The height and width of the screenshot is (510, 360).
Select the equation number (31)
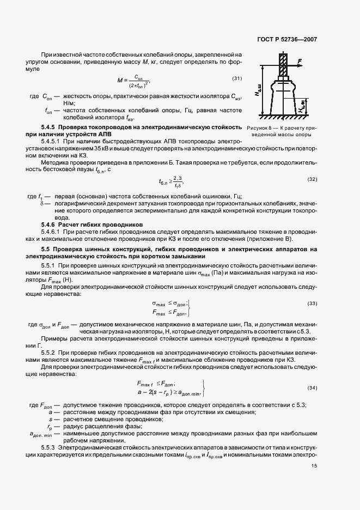coord(236,78)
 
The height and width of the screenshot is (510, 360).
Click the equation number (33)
coord(312,303)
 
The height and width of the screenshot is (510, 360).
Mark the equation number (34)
coord(312,387)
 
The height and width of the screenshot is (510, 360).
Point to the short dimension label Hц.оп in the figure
coord(301,107)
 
